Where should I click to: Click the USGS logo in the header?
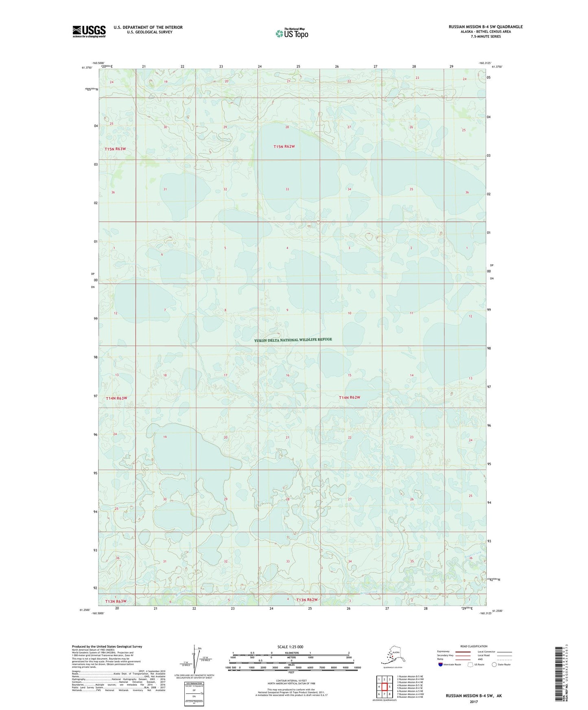tap(89, 31)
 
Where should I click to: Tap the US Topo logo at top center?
tap(291, 33)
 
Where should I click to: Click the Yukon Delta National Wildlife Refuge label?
tap(293, 340)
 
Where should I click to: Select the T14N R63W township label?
tap(116, 398)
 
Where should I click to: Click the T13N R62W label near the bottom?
tap(306, 600)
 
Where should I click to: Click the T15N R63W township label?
tap(115, 149)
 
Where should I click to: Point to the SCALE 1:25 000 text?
tap(290, 647)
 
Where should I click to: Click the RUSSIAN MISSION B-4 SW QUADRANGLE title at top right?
tap(485, 27)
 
